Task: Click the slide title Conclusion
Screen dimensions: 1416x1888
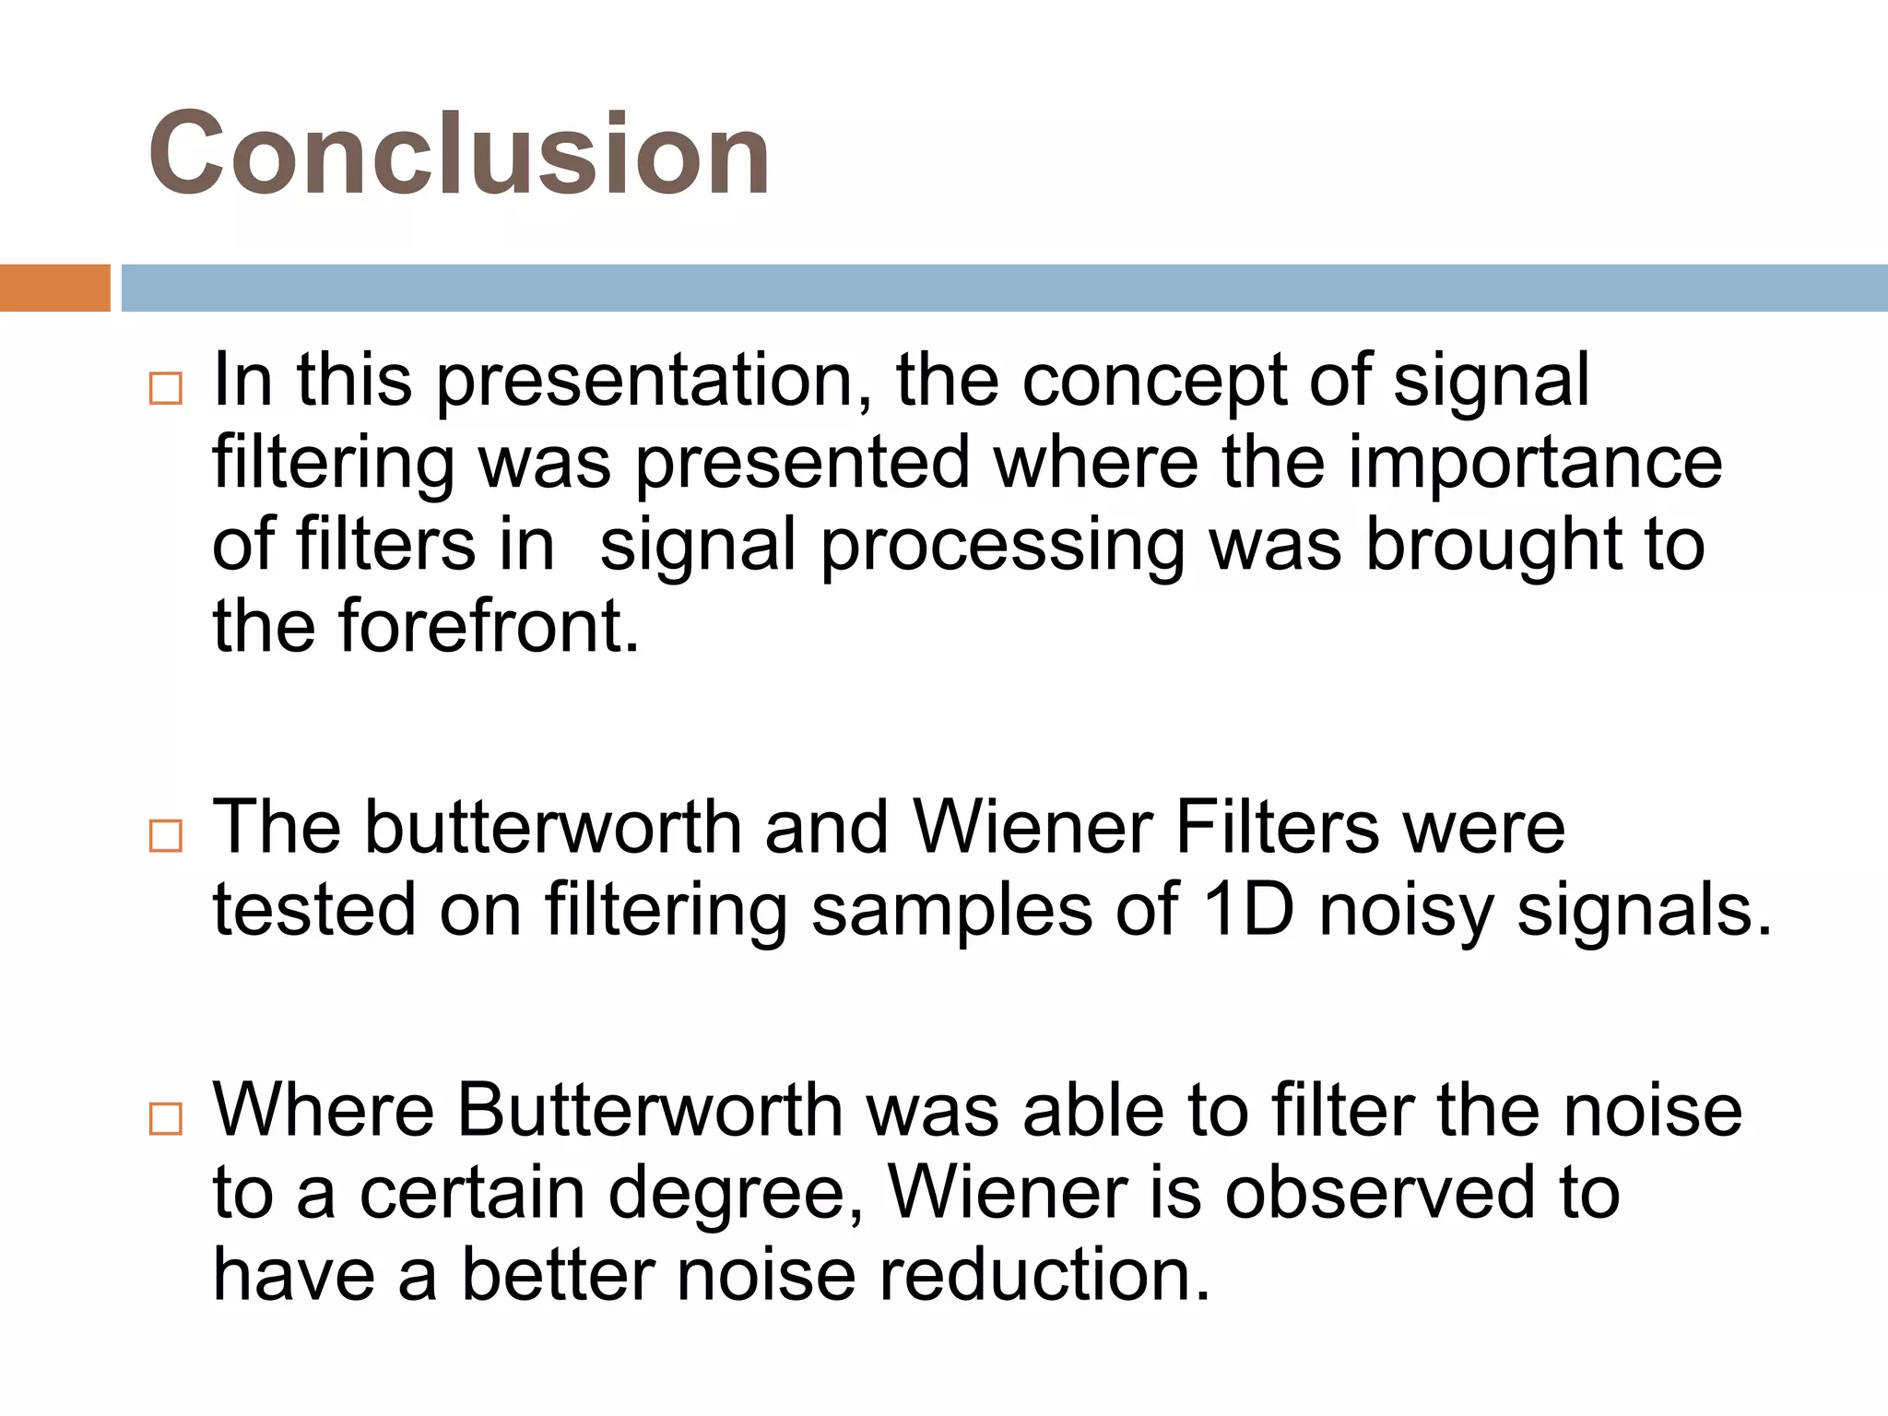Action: click(459, 154)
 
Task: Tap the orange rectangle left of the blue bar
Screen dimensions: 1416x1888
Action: click(54, 288)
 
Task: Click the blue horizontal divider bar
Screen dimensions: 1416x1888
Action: click(1004, 288)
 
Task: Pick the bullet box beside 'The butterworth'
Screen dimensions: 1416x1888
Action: click(166, 835)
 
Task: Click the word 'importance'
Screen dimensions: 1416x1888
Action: click(1535, 463)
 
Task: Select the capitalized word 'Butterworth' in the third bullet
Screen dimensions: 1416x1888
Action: click(650, 1110)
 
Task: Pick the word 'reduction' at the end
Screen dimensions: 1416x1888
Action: click(1043, 1276)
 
